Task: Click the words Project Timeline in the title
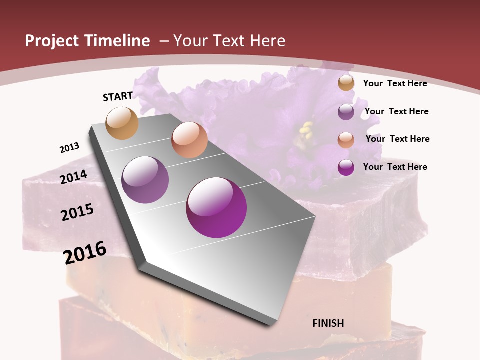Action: (87, 41)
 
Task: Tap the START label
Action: (118, 96)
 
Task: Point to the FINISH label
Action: (328, 323)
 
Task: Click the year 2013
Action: (70, 148)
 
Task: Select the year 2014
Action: (74, 177)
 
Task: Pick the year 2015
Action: (77, 212)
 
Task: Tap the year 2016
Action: (85, 252)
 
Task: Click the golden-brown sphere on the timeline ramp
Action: (122, 123)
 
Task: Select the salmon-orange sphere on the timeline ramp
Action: (189, 140)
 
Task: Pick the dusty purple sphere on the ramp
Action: (145, 180)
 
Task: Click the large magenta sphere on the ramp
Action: (216, 207)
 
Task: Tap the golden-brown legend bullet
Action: (346, 83)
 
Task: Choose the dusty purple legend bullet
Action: (346, 112)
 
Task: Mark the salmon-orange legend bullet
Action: (346, 140)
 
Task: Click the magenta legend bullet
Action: (346, 167)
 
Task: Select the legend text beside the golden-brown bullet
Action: (395, 83)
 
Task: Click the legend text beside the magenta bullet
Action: (395, 167)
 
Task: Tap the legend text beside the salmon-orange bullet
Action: (397, 139)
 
